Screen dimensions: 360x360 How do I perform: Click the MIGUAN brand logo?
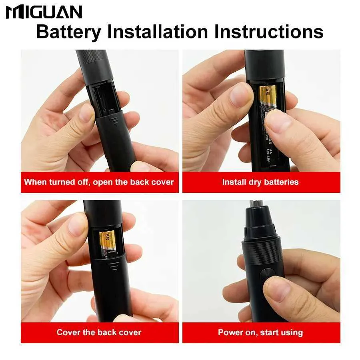click(44, 12)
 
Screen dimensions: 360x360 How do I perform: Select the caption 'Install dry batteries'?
click(260, 182)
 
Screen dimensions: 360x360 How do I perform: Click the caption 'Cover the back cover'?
click(99, 332)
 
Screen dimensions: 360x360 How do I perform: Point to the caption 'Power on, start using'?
click(260, 332)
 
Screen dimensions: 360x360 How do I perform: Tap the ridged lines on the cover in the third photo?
click(114, 265)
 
